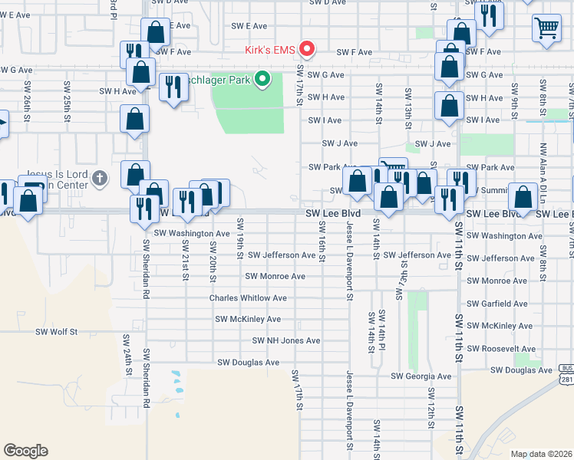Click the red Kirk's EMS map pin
308,49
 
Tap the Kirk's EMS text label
270,51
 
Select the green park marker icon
262,78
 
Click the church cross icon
99,179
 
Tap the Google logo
25,451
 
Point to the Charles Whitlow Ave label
248,298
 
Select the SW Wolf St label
57,332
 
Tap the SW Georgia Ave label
421,376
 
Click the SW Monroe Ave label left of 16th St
275,276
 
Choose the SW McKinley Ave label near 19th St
247,319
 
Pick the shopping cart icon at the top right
546,28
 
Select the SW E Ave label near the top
248,25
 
